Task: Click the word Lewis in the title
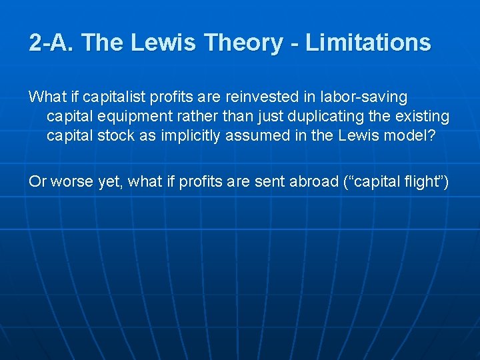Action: [164, 43]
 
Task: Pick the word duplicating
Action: [315, 117]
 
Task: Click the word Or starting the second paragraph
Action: [37, 181]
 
